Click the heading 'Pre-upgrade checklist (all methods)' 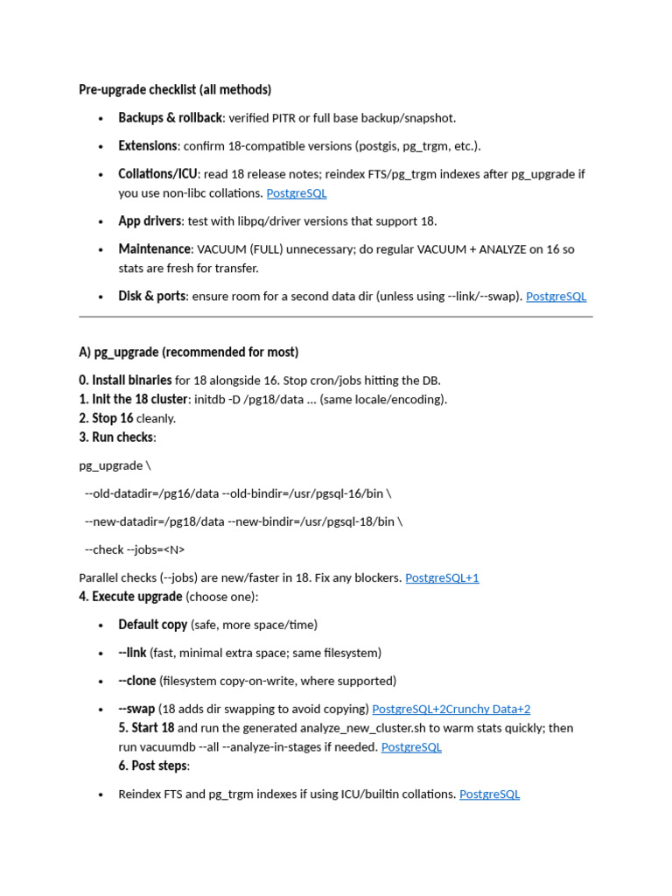pyautogui.click(x=175, y=89)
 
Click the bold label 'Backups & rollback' pyautogui.click(x=170, y=117)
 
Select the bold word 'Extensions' pyautogui.click(x=148, y=145)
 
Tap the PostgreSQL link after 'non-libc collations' pyautogui.click(x=297, y=192)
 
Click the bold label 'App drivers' pyautogui.click(x=150, y=220)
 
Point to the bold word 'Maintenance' pyautogui.click(x=154, y=248)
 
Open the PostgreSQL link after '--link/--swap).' pyautogui.click(x=556, y=296)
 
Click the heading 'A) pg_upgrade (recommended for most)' pyautogui.click(x=188, y=352)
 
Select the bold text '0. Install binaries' pyautogui.click(x=125, y=380)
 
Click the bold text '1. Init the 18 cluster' pyautogui.click(x=133, y=399)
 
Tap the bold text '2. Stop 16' pyautogui.click(x=106, y=418)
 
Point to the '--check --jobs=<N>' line pyautogui.click(x=135, y=549)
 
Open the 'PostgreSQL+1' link pyautogui.click(x=442, y=577)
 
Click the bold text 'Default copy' pyautogui.click(x=152, y=625)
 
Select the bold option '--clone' pyautogui.click(x=136, y=681)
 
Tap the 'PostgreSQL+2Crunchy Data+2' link pyautogui.click(x=451, y=709)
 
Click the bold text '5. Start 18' pyautogui.click(x=146, y=728)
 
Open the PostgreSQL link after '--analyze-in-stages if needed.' pyautogui.click(x=411, y=747)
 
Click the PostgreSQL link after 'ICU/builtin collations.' pyautogui.click(x=489, y=794)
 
